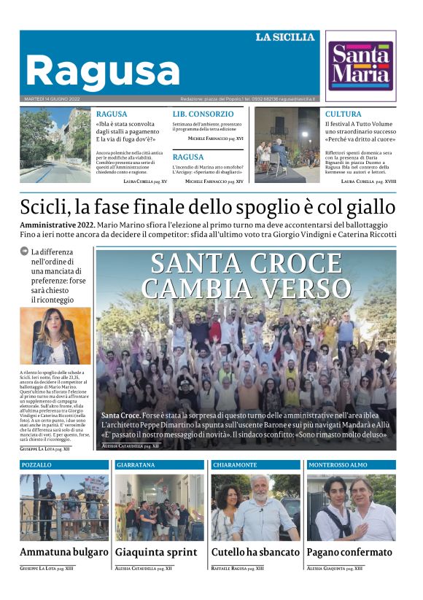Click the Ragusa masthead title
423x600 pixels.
coord(92,71)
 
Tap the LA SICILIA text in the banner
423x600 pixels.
coord(285,37)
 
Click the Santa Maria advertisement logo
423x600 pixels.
coord(360,66)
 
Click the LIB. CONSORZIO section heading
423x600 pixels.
coord(203,114)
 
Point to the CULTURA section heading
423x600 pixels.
coord(343,114)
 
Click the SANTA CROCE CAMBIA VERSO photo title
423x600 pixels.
coord(247,276)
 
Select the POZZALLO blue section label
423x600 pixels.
coord(36,464)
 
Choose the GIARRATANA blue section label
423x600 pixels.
coord(136,464)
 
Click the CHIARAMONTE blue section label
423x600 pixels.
coord(235,464)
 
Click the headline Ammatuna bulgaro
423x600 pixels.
coord(64,552)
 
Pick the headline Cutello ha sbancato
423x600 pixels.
coord(255,552)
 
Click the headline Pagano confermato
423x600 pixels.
coord(349,552)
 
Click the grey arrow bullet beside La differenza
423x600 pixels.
coord(25,252)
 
